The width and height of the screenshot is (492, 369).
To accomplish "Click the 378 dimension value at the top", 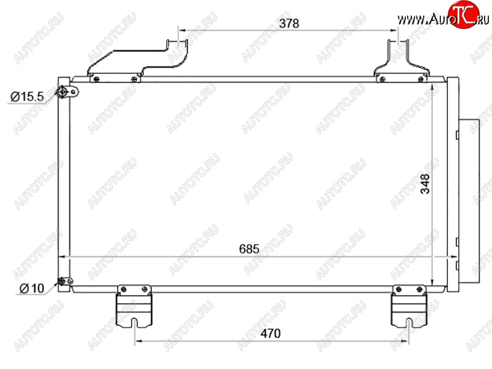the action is pyautogui.click(x=288, y=23).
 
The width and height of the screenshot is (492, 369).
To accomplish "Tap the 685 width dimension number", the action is pyautogui.click(x=249, y=249).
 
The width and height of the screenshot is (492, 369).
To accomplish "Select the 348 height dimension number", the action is pyautogui.click(x=425, y=184).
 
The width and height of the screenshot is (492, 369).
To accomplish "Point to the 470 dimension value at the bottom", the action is pyautogui.click(x=271, y=333).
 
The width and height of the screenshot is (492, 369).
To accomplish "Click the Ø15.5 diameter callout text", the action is pyautogui.click(x=27, y=97).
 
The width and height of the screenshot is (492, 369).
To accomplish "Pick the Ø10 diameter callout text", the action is pyautogui.click(x=32, y=288).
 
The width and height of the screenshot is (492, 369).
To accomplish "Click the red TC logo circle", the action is pyautogui.click(x=464, y=14).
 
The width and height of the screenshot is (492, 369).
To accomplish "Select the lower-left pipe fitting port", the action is pyautogui.click(x=65, y=281).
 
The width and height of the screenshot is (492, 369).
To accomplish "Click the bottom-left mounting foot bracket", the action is pyautogui.click(x=134, y=306).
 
